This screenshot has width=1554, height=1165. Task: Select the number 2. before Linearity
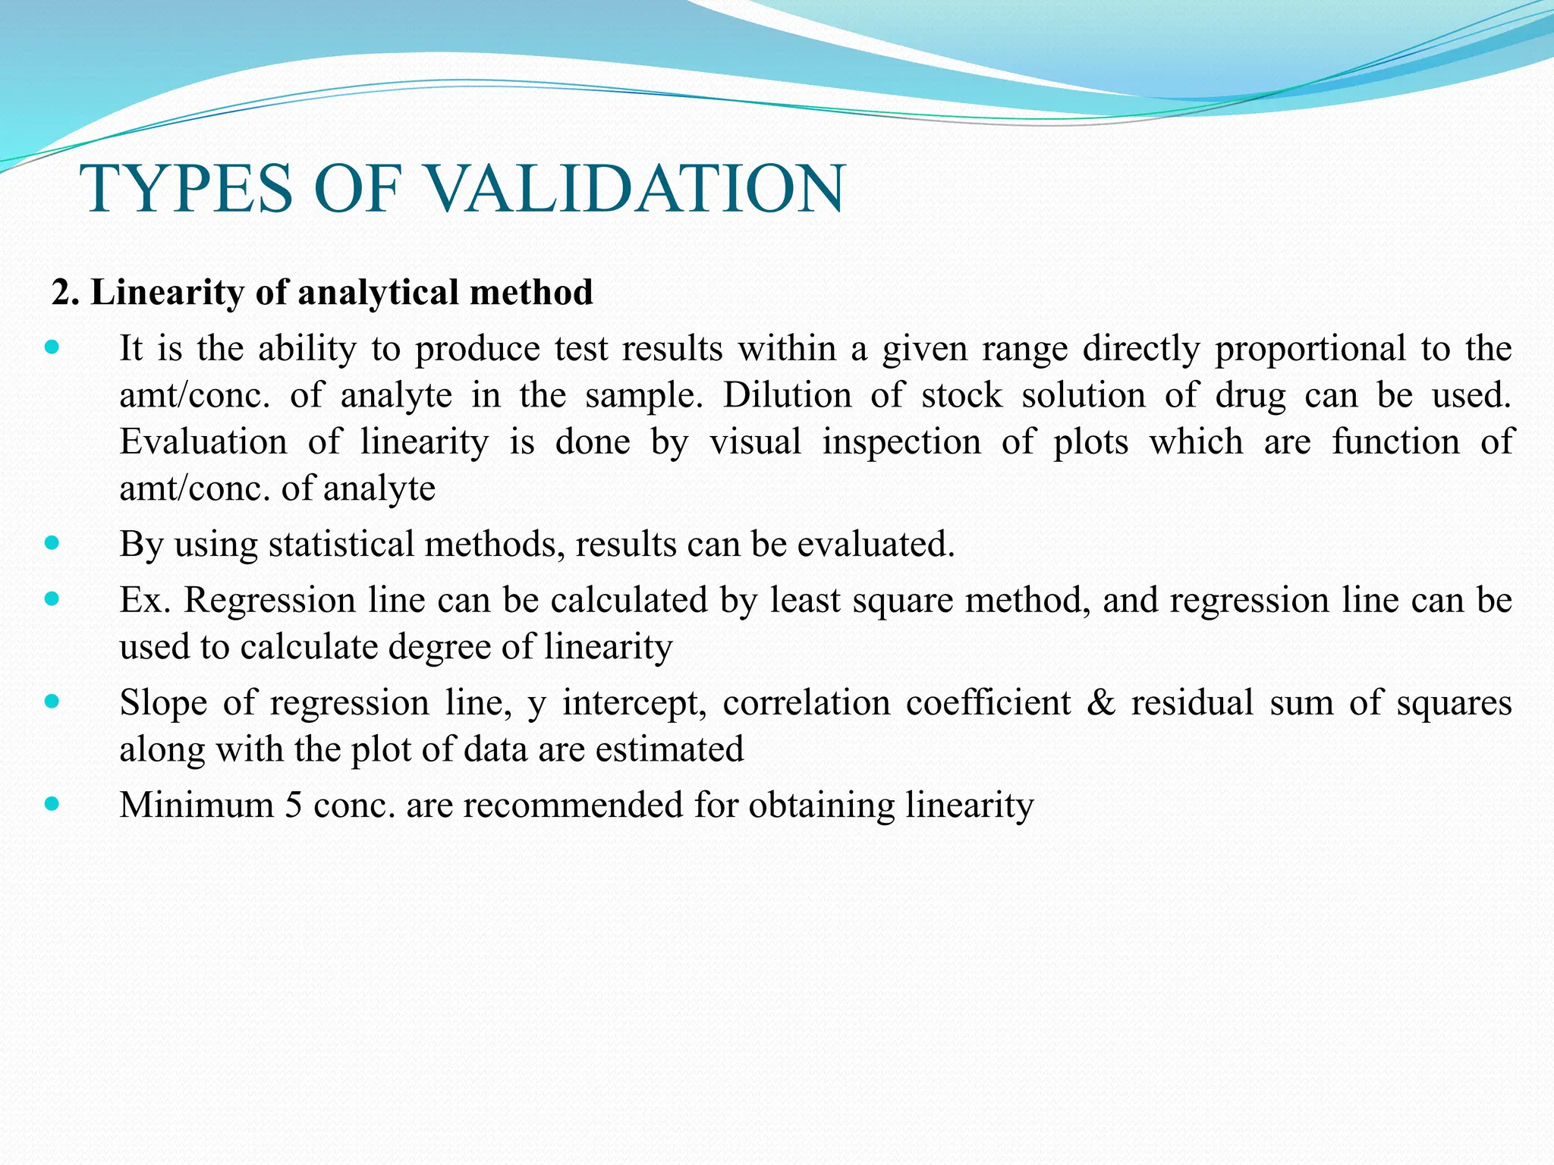coord(65,293)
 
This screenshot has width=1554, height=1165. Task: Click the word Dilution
coord(787,395)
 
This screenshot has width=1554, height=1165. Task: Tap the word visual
coord(756,441)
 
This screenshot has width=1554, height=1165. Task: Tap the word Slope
coord(163,702)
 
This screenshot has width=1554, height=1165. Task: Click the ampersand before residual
coord(1100,702)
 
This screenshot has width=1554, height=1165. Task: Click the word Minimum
coord(197,805)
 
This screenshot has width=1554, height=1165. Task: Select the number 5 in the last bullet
coord(293,805)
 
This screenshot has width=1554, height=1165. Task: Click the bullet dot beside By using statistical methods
coord(52,543)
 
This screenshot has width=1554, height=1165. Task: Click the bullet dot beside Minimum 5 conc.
coord(52,803)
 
